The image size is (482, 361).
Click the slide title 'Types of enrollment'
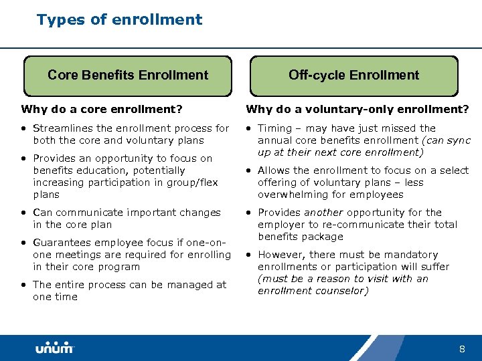click(x=119, y=19)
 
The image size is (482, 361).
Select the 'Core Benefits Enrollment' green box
click(x=128, y=76)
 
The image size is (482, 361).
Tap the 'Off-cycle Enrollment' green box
click(x=353, y=76)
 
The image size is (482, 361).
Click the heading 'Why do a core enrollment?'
click(x=102, y=109)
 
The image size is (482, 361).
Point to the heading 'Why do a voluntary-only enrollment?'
click(x=357, y=109)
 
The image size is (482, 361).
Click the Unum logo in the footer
click(x=54, y=348)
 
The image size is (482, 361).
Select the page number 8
click(x=462, y=349)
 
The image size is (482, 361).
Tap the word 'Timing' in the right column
click(x=274, y=128)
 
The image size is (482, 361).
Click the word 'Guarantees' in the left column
click(x=61, y=243)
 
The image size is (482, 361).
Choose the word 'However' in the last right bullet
click(x=280, y=255)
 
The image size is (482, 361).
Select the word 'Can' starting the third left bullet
click(x=42, y=213)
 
